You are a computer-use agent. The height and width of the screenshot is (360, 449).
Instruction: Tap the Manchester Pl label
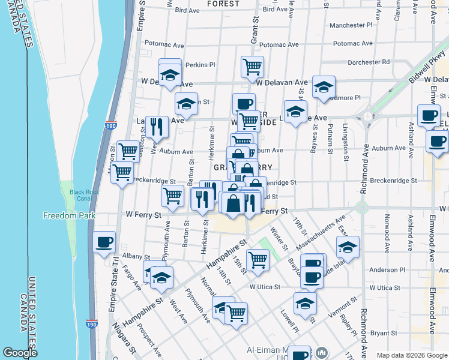coord(351,26)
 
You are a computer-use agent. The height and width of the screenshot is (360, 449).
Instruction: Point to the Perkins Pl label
coord(200,65)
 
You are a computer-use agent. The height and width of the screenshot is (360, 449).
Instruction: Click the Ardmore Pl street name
coord(345,98)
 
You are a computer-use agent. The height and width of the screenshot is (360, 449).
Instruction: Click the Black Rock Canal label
coord(83,196)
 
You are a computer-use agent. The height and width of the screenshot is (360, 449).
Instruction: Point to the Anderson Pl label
coord(384,270)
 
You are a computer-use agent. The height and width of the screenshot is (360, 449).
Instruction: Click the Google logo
coord(20,353)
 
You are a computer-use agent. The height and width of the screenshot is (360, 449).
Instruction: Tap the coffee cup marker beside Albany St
coord(104,242)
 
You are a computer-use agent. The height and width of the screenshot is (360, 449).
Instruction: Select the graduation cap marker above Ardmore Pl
coord(324,88)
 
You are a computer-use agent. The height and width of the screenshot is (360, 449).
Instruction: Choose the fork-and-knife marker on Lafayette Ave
coord(157,126)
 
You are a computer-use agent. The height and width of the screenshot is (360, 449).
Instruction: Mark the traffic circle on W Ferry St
coord(361,208)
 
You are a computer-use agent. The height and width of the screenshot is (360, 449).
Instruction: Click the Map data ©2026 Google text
coord(411,355)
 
